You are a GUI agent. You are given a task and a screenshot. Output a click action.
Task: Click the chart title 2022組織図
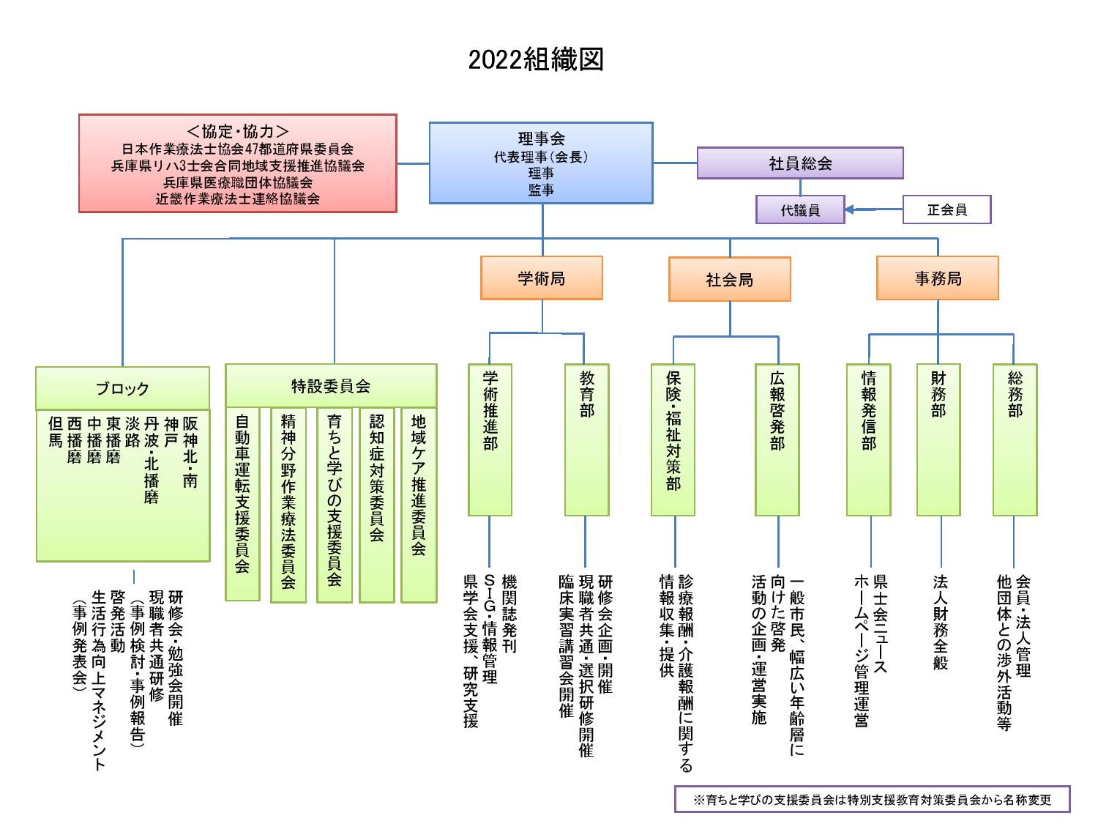pyautogui.click(x=536, y=59)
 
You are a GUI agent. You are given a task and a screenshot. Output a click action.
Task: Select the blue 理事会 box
pyautogui.click(x=541, y=163)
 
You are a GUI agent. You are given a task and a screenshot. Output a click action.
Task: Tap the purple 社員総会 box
pyautogui.click(x=800, y=163)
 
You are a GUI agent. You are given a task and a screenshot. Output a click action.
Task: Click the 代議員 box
pyautogui.click(x=800, y=210)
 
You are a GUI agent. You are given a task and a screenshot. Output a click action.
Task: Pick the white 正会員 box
pyautogui.click(x=946, y=209)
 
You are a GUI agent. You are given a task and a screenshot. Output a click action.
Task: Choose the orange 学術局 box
pyautogui.click(x=541, y=278)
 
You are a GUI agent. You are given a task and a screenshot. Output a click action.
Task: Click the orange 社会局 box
pyautogui.click(x=729, y=279)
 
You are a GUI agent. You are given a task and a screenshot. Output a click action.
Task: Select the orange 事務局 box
pyautogui.click(x=938, y=278)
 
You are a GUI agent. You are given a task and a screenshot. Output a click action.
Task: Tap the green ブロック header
pyautogui.click(x=122, y=388)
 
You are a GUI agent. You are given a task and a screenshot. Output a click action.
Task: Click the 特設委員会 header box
pyautogui.click(x=331, y=386)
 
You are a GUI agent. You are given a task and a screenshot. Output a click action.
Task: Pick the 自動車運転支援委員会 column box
pyautogui.click(x=242, y=504)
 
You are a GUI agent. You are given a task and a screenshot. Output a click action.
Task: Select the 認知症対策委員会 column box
pyautogui.click(x=376, y=504)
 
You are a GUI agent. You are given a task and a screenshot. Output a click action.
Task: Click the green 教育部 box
pyautogui.click(x=586, y=439)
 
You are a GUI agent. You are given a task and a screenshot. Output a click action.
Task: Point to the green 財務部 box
pyautogui.click(x=938, y=439)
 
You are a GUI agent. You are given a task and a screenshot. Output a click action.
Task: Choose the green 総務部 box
pyautogui.click(x=1015, y=439)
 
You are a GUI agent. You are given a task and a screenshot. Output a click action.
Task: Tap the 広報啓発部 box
pyautogui.click(x=777, y=439)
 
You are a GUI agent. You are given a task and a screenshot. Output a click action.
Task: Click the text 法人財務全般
pyautogui.click(x=940, y=622)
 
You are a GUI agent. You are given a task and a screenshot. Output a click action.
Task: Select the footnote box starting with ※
pyautogui.click(x=872, y=799)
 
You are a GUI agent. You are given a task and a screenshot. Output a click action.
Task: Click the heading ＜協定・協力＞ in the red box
pyautogui.click(x=237, y=131)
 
